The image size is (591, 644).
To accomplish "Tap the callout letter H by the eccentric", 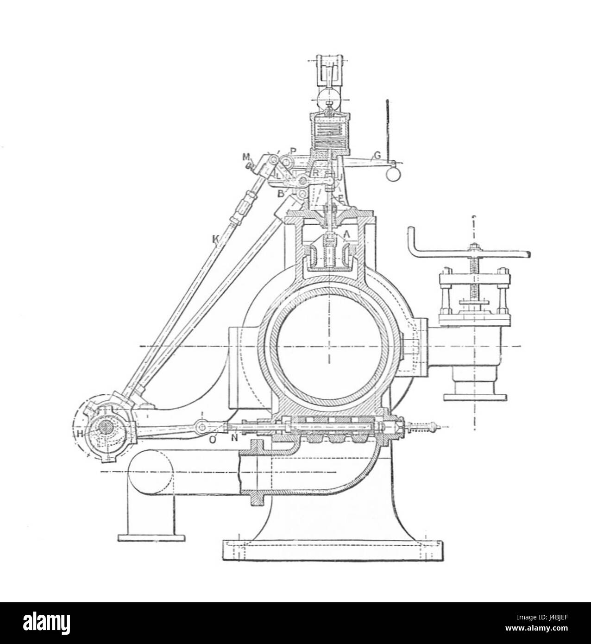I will [x=80, y=434].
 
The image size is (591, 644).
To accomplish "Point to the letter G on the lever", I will [x=377, y=156].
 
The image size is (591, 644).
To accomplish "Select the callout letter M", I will [x=245, y=157].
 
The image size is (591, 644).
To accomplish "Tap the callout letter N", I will [x=234, y=438].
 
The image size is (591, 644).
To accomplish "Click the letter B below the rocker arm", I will [x=281, y=194].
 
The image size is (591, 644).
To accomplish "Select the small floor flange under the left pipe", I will [x=151, y=537].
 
